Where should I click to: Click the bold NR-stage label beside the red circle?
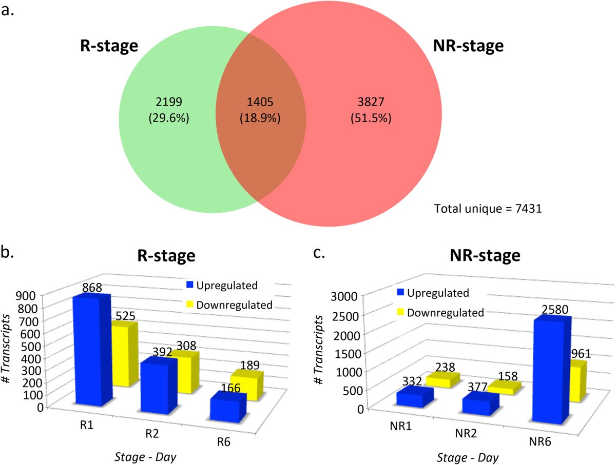[467, 47]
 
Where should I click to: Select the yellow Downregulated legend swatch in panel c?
[402, 312]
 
